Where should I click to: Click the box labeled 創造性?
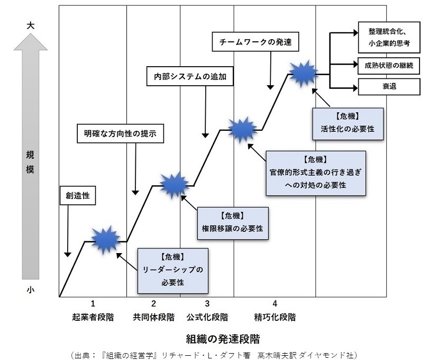pyautogui.click(x=77, y=196)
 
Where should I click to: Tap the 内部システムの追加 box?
pyautogui.click(x=189, y=76)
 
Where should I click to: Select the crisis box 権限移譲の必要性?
pyautogui.click(x=233, y=222)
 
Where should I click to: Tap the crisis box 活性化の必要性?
pyautogui.click(x=348, y=123)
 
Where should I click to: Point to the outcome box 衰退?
pyautogui.click(x=389, y=86)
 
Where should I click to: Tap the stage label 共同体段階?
pyautogui.click(x=153, y=318)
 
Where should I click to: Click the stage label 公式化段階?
pyautogui.click(x=207, y=318)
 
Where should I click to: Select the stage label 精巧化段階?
pyautogui.click(x=275, y=318)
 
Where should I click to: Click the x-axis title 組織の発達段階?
pyautogui.click(x=222, y=338)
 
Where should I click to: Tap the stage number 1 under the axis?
pyautogui.click(x=93, y=303)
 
